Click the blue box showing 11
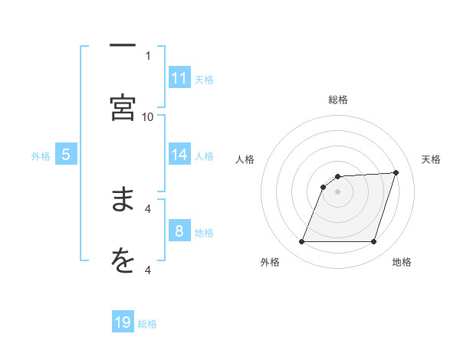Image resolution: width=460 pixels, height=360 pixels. click(179, 78)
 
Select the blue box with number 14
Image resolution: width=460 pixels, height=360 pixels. click(179, 155)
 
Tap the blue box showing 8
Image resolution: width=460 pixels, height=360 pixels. click(179, 231)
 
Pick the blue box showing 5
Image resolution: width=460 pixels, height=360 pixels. click(66, 155)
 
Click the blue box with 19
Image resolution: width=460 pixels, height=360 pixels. click(123, 322)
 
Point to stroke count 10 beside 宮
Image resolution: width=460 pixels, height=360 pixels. click(148, 116)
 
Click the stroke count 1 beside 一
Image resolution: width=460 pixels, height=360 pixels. click(148, 55)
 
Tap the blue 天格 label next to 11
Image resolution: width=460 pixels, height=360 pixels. click(204, 79)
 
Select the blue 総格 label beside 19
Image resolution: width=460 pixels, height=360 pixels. click(147, 324)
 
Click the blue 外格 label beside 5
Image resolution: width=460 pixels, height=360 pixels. click(41, 156)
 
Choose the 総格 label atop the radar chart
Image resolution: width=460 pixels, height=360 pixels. click(338, 100)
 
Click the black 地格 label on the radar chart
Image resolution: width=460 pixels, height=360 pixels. click(402, 263)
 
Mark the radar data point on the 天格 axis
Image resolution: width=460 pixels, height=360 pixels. click(396, 172)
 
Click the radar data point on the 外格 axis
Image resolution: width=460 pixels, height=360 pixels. click(302, 242)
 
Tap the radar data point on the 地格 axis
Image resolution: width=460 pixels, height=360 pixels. click(374, 242)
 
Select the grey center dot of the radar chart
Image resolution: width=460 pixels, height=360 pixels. click(338, 191)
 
